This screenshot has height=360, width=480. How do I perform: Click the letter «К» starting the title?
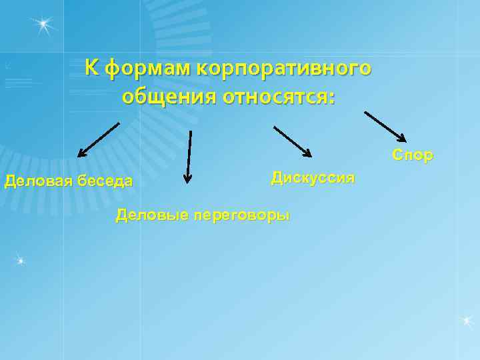point(93,68)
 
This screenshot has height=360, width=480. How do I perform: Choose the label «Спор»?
point(413,155)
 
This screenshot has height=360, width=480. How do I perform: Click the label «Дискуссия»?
point(313,178)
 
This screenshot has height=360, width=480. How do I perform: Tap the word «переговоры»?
point(242,215)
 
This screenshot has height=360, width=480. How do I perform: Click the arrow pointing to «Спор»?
point(385,126)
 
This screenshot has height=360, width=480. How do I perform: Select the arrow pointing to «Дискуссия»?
point(292,141)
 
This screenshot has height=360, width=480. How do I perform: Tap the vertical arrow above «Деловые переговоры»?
point(189,156)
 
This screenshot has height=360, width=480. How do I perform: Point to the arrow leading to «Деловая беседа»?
point(99,139)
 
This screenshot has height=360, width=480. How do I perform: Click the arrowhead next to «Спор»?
point(402,138)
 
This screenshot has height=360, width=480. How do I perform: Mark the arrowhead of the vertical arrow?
point(188,178)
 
